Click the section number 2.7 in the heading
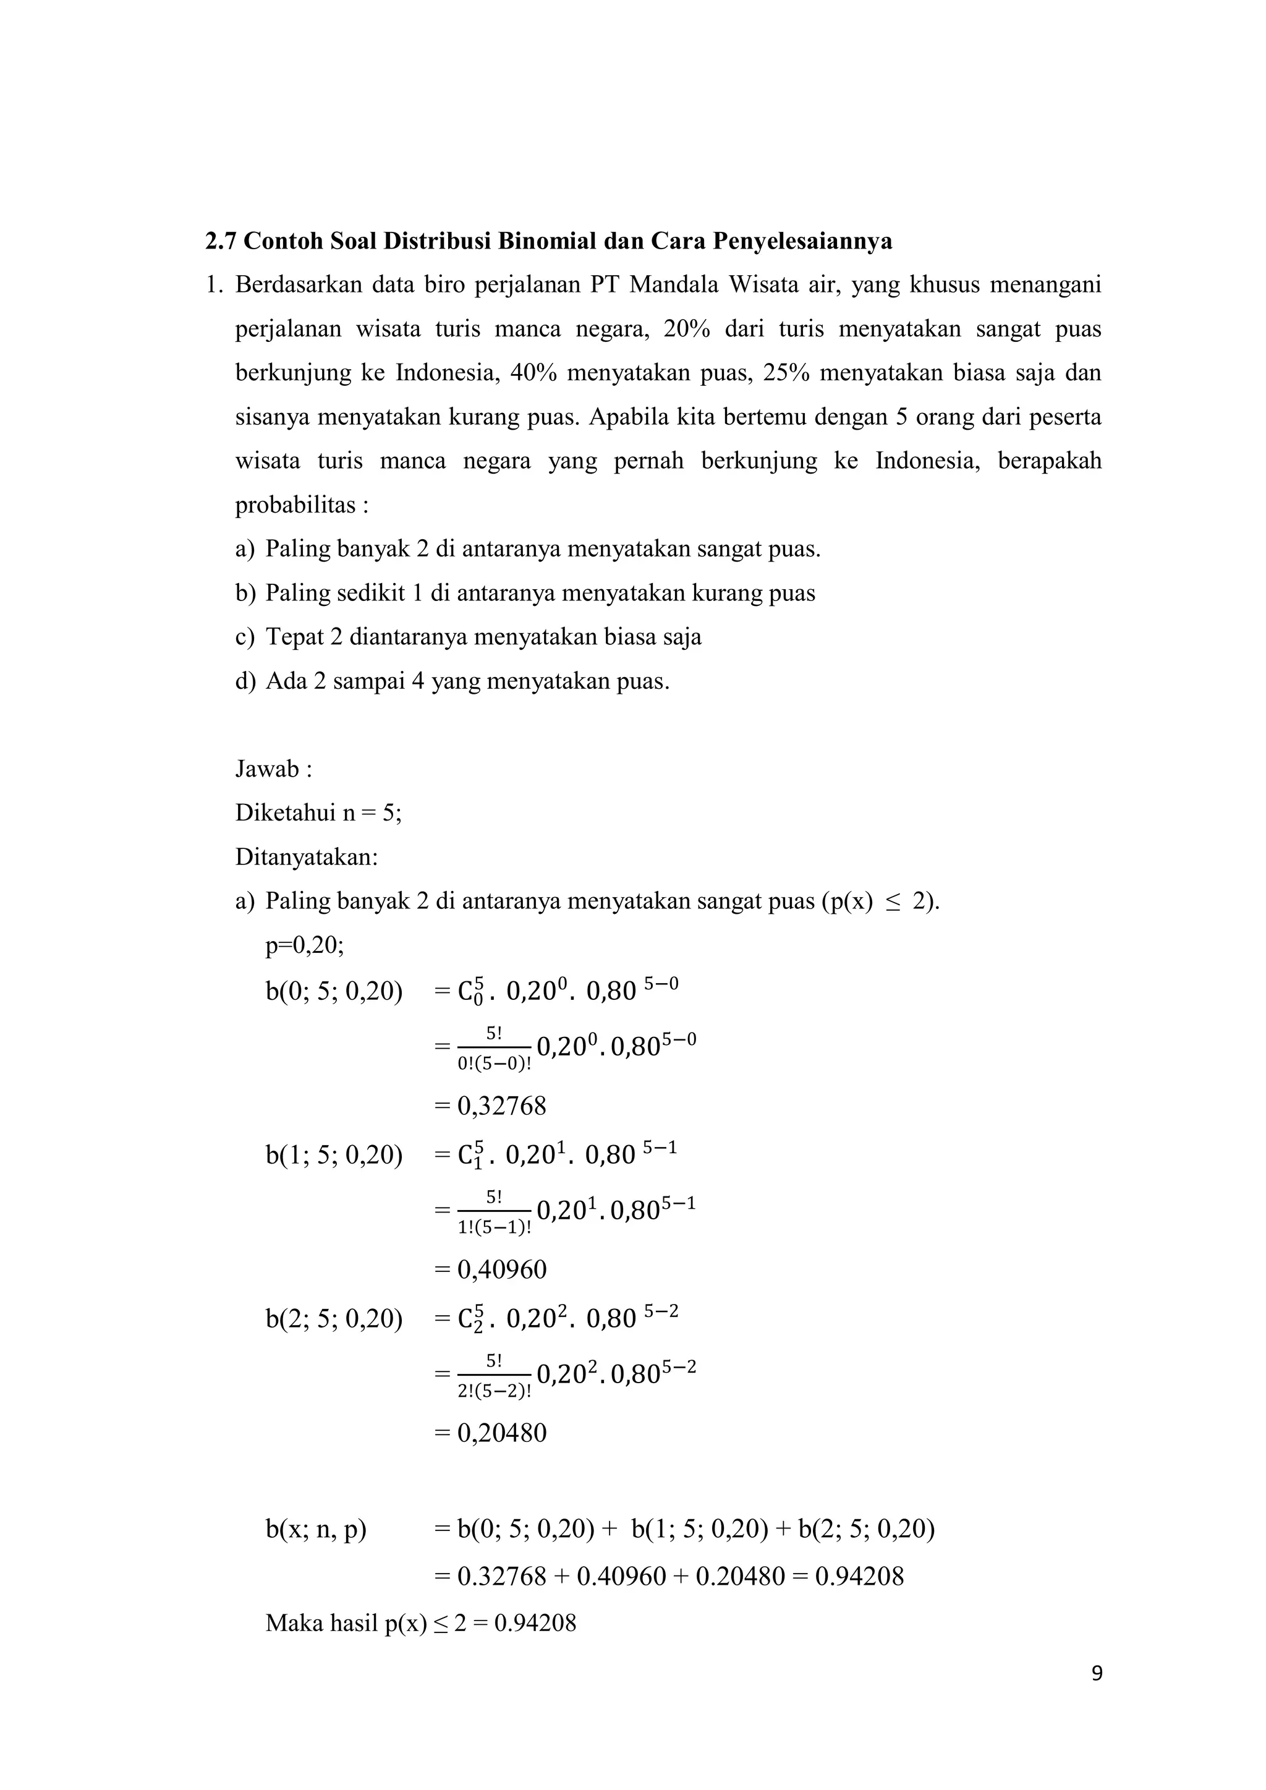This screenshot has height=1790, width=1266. tap(221, 241)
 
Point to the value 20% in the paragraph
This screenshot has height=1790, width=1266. tap(687, 329)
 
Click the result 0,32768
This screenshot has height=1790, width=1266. tap(501, 1106)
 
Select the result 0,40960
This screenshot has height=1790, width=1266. tap(501, 1269)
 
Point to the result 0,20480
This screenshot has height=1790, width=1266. tap(501, 1433)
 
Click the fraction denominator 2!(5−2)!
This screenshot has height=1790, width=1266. tap(495, 1391)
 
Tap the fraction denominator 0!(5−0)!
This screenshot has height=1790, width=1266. tap(495, 1063)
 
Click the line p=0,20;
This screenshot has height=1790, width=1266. tap(304, 945)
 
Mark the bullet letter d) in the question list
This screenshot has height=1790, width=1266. tap(245, 681)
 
